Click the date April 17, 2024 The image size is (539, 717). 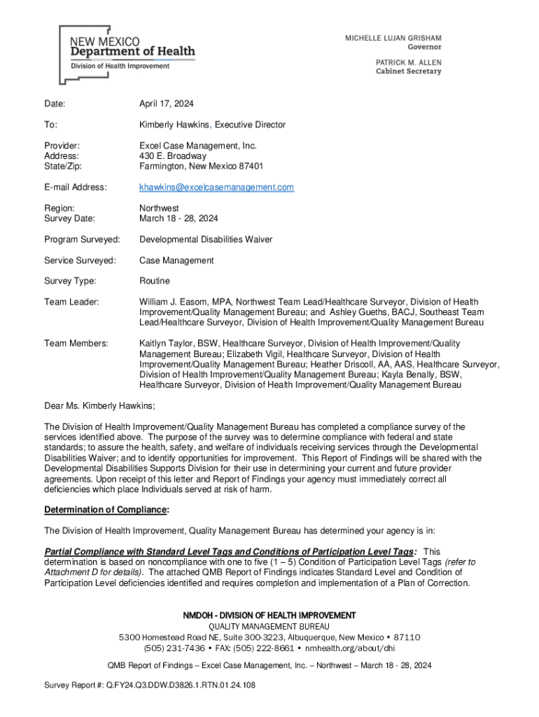click(x=167, y=104)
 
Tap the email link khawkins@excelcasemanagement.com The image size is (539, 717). click(x=216, y=188)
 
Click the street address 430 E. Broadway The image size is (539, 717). click(x=173, y=156)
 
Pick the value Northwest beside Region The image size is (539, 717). click(x=159, y=208)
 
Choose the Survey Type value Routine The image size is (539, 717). click(x=155, y=281)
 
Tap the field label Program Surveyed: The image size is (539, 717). click(x=82, y=239)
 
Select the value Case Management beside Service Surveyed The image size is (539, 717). click(x=176, y=260)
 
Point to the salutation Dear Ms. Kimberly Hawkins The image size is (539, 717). click(x=99, y=406)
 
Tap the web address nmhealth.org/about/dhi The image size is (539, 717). click(x=356, y=648)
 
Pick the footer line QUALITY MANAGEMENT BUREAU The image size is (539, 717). click(x=269, y=626)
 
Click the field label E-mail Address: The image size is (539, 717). click(x=76, y=188)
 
